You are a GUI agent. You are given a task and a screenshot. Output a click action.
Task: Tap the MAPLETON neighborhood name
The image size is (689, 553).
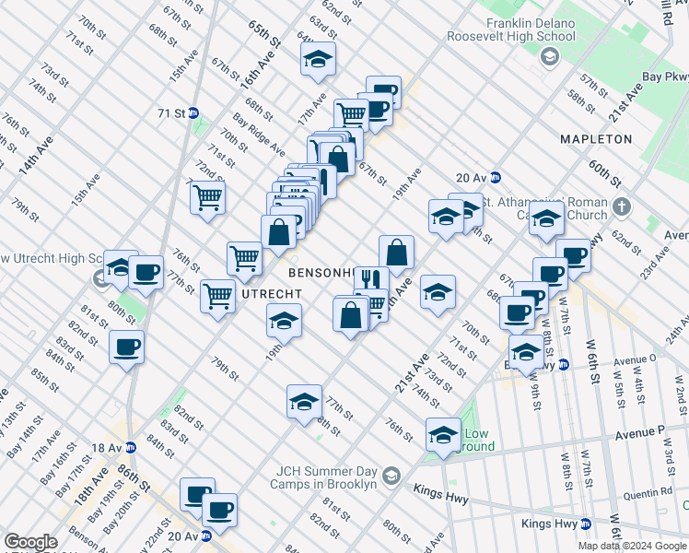[x=596, y=139]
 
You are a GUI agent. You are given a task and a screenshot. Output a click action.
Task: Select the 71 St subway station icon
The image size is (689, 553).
[x=193, y=113]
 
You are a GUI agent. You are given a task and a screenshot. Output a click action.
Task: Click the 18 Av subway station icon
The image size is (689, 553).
[x=131, y=447]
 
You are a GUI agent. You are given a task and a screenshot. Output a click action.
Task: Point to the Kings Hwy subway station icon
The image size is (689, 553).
[x=584, y=524]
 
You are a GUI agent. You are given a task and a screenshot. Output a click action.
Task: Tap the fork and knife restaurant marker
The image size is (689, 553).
[x=370, y=280]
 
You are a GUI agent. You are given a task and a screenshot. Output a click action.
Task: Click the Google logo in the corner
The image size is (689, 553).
[x=30, y=542]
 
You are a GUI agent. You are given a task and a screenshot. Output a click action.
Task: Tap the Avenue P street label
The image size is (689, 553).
[x=638, y=430]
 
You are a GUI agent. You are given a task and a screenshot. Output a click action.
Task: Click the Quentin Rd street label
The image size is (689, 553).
[x=648, y=491]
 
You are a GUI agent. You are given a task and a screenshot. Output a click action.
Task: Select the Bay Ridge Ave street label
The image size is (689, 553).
[x=259, y=134]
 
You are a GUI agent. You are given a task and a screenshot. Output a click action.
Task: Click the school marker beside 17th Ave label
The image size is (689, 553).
[x=317, y=60]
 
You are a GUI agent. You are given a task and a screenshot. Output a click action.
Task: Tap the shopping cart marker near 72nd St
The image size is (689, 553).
[x=208, y=195]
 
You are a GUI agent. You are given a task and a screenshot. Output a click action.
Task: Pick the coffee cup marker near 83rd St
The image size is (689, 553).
[x=126, y=347]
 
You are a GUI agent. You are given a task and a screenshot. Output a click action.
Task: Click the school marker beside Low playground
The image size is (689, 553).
[x=442, y=434]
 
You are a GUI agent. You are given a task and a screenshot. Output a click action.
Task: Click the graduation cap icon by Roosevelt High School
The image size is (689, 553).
[x=550, y=59]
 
